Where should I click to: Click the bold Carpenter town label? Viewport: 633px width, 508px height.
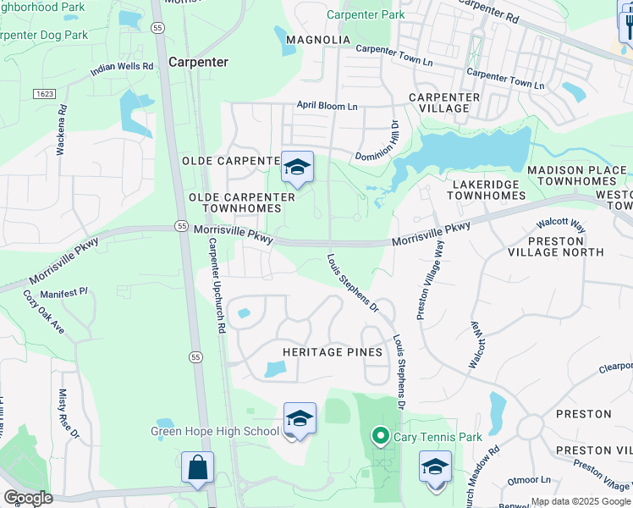199,62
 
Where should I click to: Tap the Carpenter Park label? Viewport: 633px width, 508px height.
366,14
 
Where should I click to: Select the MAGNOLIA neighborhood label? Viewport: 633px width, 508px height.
317,40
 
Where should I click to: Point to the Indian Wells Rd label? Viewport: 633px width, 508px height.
123,69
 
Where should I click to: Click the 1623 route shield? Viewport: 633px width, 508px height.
44,92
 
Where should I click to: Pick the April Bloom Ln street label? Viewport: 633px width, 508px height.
327,106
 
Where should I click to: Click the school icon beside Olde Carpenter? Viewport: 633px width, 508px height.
297,168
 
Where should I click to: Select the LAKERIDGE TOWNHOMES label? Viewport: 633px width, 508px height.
486,190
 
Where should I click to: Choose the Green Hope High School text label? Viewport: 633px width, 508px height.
214,431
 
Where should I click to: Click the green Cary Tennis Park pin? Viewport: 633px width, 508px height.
380,437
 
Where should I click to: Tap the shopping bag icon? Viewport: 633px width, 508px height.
197,467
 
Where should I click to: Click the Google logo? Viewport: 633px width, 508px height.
27,498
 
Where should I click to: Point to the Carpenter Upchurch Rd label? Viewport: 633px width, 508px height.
216,284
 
